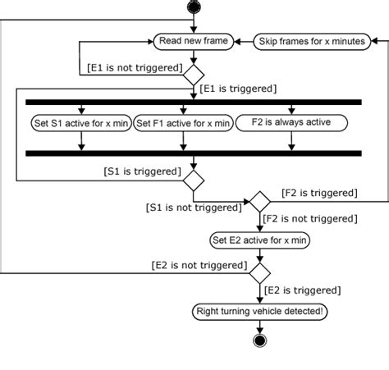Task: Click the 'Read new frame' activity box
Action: tap(193, 40)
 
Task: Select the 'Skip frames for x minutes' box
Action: tap(312, 40)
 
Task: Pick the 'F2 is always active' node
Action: tap(291, 123)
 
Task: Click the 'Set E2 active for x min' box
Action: tap(261, 240)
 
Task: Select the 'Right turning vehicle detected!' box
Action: tap(260, 311)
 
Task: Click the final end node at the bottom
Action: tap(260, 340)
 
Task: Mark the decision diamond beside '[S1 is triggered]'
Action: tap(193, 178)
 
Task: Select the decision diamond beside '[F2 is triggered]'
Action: tap(260, 201)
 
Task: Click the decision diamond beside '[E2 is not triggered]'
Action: tap(260, 271)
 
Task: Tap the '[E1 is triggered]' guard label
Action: tap(238, 87)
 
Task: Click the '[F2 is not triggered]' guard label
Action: tap(310, 220)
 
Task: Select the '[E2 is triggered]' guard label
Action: tap(302, 290)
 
